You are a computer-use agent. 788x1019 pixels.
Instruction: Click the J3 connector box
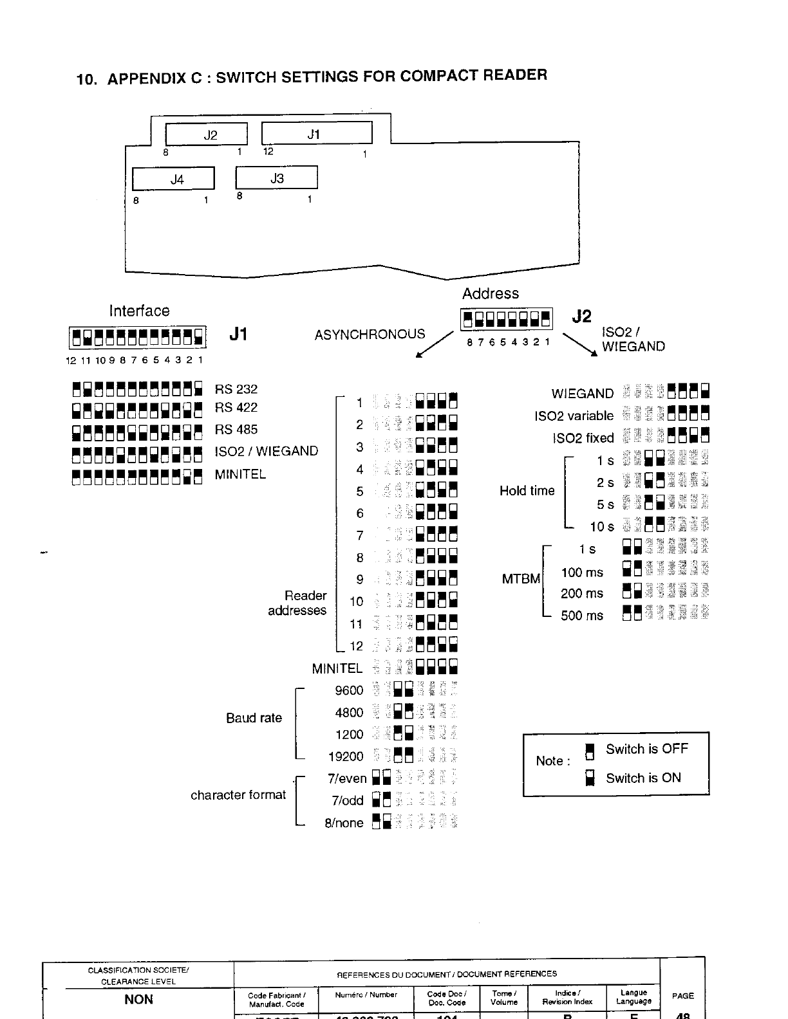tap(276, 178)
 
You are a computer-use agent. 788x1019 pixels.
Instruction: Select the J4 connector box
tap(173, 179)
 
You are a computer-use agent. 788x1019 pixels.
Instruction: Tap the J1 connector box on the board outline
tap(316, 133)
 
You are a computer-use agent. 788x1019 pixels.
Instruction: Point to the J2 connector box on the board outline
tap(207, 134)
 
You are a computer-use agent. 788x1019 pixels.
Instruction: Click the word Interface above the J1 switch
tap(139, 311)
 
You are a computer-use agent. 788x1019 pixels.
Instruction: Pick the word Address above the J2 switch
tap(490, 294)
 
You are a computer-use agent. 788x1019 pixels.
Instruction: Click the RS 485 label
tap(236, 430)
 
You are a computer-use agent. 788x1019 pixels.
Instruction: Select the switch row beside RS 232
tap(138, 389)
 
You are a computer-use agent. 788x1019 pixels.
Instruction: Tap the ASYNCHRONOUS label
tap(370, 335)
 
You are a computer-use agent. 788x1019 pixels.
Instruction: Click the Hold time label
tap(527, 491)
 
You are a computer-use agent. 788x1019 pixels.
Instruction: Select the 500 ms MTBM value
tap(581, 616)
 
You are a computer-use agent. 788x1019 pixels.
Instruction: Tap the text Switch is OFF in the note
tap(646, 749)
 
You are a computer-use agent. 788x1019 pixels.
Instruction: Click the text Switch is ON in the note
tap(643, 778)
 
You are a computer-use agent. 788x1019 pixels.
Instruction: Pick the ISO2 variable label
tap(574, 416)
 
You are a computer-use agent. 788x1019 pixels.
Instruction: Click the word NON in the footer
tap(138, 999)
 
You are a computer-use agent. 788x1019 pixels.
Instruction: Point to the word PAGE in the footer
tap(682, 996)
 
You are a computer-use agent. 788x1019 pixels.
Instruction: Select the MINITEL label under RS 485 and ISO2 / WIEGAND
tap(240, 475)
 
